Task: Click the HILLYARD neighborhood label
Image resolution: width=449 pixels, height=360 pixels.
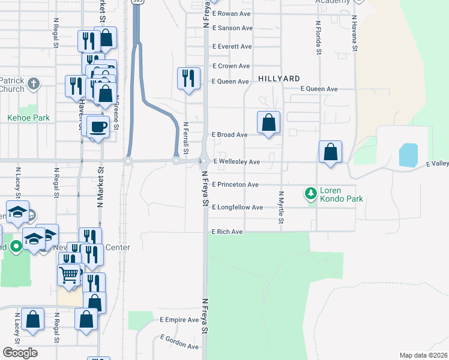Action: (280, 79)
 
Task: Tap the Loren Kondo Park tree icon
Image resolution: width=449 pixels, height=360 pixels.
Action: (311, 193)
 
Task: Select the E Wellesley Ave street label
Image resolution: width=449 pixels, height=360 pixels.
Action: (237, 162)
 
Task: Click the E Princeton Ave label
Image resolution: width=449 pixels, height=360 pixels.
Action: (235, 184)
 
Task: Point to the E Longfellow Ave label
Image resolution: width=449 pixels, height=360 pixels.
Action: (238, 208)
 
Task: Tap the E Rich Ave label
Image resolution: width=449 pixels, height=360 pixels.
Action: (227, 232)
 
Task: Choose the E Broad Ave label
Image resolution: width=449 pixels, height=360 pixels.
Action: (229, 135)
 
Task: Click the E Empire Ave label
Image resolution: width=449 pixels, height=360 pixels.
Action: (179, 320)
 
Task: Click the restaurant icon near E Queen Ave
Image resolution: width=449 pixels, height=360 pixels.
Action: (188, 78)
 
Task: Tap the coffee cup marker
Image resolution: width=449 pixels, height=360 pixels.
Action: (98, 126)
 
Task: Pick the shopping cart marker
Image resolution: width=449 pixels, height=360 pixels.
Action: (69, 274)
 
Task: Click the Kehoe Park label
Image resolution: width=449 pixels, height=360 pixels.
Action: (28, 118)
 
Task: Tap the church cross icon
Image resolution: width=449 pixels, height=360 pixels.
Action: (34, 83)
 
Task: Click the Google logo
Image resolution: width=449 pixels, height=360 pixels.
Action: (19, 352)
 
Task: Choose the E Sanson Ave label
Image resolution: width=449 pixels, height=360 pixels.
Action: (232, 28)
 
